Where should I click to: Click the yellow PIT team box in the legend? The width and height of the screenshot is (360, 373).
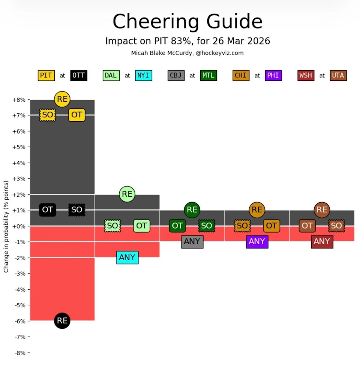[x=46, y=75]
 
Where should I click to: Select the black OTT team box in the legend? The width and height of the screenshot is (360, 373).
[x=79, y=75]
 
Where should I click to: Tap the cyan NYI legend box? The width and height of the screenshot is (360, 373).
[x=144, y=75]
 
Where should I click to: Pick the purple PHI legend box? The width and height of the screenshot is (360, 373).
[x=273, y=75]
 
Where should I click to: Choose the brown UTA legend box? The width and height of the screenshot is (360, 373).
[x=338, y=75]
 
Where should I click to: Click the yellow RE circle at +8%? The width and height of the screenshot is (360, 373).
[x=62, y=99]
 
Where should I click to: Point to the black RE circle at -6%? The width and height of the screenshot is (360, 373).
[x=62, y=321]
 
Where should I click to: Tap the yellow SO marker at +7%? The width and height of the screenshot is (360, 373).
[x=48, y=115]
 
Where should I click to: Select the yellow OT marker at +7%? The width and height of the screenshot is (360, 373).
[x=76, y=115]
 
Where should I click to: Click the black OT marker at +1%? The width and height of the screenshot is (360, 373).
[x=48, y=210]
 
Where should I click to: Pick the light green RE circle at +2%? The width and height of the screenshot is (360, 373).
[x=127, y=194]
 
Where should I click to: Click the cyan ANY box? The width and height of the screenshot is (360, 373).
[x=127, y=257]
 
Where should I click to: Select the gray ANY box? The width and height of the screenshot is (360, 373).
[x=192, y=241]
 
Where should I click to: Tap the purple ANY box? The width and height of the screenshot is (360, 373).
[x=257, y=241]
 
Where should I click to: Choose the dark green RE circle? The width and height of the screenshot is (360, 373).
[x=192, y=210]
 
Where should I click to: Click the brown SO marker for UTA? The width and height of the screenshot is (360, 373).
[x=336, y=226]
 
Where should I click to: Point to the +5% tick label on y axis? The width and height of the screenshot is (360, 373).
[x=19, y=147]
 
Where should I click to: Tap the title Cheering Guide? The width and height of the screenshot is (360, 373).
[x=187, y=21]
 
